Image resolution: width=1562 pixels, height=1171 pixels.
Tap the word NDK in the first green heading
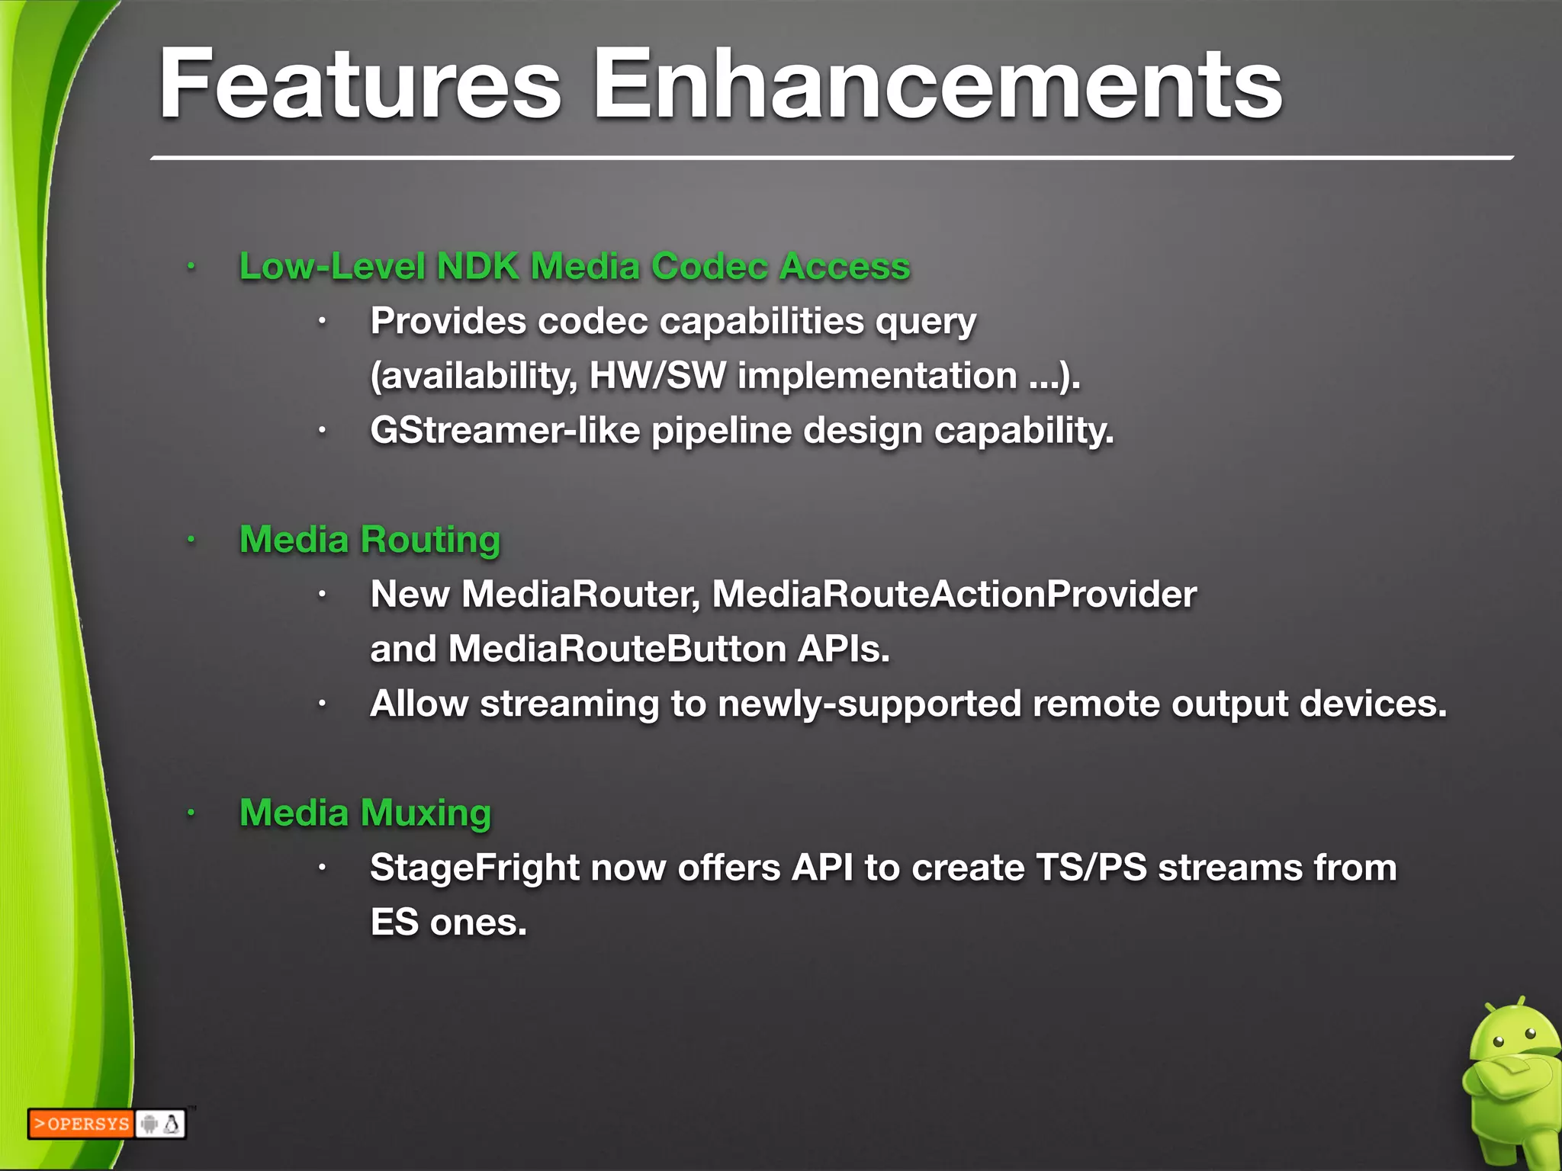click(x=477, y=267)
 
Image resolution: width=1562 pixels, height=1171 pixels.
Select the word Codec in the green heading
click(x=709, y=267)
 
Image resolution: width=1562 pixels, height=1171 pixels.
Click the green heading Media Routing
click(x=370, y=540)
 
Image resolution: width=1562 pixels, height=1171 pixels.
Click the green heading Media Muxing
click(x=365, y=813)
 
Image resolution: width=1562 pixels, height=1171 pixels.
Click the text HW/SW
click(x=657, y=376)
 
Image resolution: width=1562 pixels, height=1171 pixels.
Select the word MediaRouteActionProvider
click(x=954, y=595)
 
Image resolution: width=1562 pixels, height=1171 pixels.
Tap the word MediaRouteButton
click(x=617, y=650)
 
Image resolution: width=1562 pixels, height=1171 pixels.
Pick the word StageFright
click(x=474, y=868)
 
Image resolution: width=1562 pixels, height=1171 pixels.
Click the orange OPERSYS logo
click(x=81, y=1124)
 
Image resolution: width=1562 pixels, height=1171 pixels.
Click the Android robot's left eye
click(x=1498, y=1042)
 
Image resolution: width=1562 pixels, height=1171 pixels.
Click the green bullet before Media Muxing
click(x=191, y=813)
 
